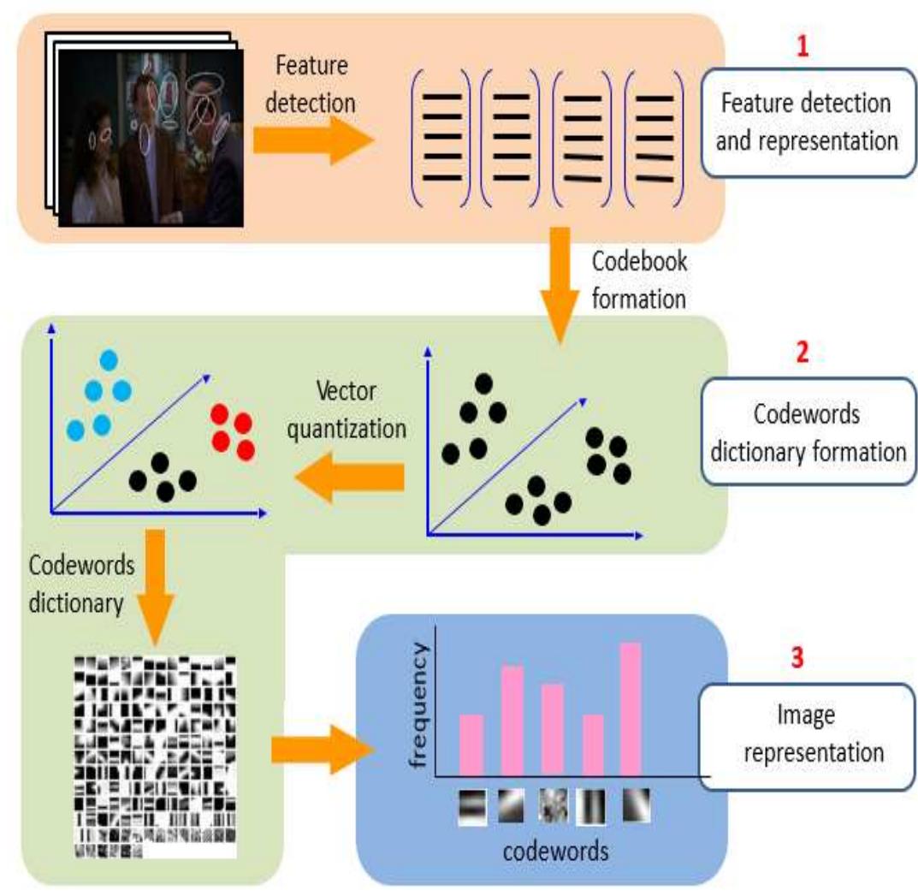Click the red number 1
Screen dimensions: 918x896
pyautogui.click(x=803, y=46)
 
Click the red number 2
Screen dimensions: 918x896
pyautogui.click(x=803, y=352)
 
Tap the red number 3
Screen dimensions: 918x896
pyautogui.click(x=797, y=657)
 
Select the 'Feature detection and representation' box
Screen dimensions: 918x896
pyautogui.click(x=808, y=122)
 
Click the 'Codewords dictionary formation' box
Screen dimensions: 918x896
pyautogui.click(x=808, y=431)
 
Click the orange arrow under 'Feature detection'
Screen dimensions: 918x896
pyautogui.click(x=312, y=140)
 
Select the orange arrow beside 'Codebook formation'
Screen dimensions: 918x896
pyautogui.click(x=560, y=285)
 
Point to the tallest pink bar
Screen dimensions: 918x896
pyautogui.click(x=631, y=709)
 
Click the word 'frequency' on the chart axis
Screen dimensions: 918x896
pyautogui.click(x=418, y=705)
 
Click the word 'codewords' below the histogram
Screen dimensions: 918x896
pyautogui.click(x=555, y=851)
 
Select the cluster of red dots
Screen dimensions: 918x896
pyautogui.click(x=233, y=432)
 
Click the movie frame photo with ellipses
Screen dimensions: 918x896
pyautogui.click(x=151, y=138)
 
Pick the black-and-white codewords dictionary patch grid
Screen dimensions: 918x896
pyautogui.click(x=155, y=757)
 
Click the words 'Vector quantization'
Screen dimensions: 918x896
pyautogui.click(x=346, y=410)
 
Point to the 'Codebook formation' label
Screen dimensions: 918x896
pyautogui.click(x=639, y=280)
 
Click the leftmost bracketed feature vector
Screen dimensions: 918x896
pyautogui.click(x=441, y=138)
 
